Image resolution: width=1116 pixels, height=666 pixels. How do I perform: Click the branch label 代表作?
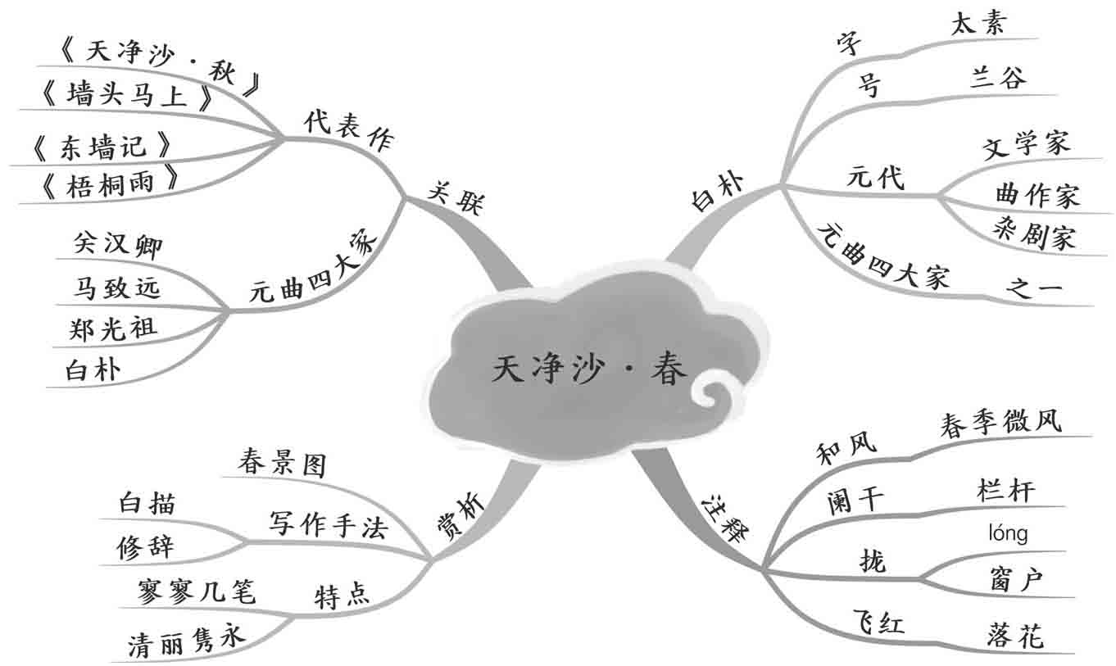(348, 132)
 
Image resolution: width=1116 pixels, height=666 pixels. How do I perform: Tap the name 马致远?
(116, 288)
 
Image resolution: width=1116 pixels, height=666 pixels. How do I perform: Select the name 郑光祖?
(114, 328)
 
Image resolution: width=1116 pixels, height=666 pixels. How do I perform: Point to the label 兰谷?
(997, 78)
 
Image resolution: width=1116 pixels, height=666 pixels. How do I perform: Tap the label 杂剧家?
(1034, 236)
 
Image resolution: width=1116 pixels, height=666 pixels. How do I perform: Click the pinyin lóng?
(1008, 534)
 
